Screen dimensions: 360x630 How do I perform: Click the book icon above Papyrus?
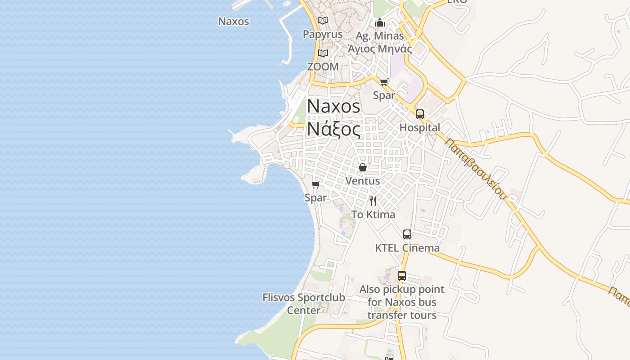(323, 20)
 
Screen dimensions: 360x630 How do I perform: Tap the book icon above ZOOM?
(323, 53)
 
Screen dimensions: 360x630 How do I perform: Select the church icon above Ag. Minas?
(380, 22)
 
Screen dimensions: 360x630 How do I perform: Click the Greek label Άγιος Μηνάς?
(380, 49)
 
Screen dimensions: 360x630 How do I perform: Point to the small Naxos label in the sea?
(234, 21)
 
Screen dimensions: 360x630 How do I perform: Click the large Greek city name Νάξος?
(333, 130)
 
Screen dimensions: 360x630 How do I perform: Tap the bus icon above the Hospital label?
(420, 114)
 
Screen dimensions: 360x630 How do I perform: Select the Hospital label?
(420, 128)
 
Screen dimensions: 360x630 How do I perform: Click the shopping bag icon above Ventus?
(363, 167)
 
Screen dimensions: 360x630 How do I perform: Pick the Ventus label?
(363, 181)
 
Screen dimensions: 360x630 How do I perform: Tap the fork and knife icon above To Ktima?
(373, 201)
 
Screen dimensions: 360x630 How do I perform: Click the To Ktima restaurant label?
(373, 215)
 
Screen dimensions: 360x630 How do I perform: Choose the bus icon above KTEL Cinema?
(407, 234)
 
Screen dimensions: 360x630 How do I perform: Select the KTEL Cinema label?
(407, 248)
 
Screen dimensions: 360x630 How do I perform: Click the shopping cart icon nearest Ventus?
(316, 184)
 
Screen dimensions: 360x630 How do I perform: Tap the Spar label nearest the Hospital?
(384, 95)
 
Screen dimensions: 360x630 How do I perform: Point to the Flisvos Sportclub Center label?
(304, 304)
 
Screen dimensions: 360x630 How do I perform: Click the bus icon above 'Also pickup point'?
(402, 276)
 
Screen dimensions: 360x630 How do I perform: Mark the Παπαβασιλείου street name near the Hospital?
(476, 168)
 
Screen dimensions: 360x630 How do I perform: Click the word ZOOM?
(323, 67)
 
